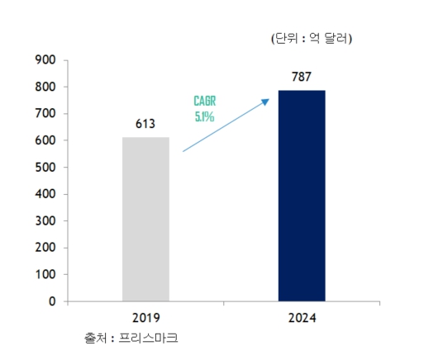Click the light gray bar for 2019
pos(145,219)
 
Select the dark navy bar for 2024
pos(301,196)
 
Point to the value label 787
pos(302,78)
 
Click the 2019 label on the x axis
pos(145,317)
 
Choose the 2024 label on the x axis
pos(301,317)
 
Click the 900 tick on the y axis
pos(45,60)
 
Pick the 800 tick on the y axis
pos(45,87)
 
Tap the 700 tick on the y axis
pos(45,114)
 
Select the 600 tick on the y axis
pos(45,140)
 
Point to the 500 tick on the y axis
pos(45,168)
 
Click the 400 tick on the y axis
pos(45,194)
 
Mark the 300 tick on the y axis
pos(45,221)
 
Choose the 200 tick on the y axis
pos(45,248)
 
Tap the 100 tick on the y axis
pos(45,275)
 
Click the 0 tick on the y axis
pos(51,301)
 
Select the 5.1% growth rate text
pos(205,116)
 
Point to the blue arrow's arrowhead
pos(266,101)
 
